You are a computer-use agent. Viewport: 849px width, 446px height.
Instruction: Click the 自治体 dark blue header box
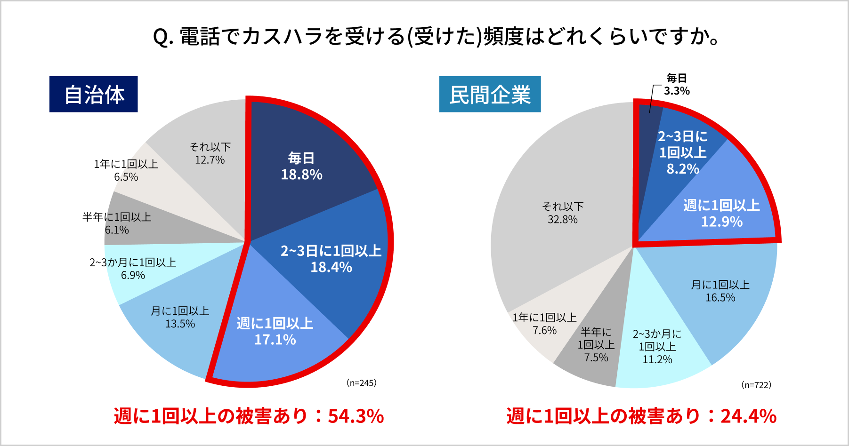click(x=93, y=94)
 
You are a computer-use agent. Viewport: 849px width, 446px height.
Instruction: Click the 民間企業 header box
click(x=490, y=94)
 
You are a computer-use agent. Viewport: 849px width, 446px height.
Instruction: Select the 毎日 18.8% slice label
click(x=301, y=167)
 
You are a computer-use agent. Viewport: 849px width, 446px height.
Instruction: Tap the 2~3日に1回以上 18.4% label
click(x=331, y=259)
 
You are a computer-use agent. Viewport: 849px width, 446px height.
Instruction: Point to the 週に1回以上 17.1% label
click(x=275, y=331)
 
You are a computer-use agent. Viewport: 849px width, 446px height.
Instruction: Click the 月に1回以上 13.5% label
click(x=180, y=317)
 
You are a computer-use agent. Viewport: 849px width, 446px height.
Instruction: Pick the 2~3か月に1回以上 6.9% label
click(x=133, y=269)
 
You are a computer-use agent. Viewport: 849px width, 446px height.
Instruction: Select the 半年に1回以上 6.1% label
click(x=117, y=223)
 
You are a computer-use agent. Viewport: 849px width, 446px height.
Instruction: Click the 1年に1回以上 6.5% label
click(x=126, y=170)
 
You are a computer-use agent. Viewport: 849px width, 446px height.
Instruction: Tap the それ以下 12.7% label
click(x=210, y=153)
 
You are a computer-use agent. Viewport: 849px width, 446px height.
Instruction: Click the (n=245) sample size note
click(x=361, y=383)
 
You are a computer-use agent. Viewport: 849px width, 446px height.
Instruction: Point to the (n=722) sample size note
click(x=756, y=385)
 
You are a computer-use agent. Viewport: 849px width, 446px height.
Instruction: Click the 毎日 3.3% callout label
click(x=677, y=85)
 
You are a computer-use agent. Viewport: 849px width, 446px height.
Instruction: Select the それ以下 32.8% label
click(x=563, y=213)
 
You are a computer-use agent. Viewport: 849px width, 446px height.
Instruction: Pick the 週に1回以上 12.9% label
click(x=721, y=213)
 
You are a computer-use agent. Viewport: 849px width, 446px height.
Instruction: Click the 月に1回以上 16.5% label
click(x=720, y=291)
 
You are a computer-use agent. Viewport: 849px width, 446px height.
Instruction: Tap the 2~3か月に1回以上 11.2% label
click(x=657, y=347)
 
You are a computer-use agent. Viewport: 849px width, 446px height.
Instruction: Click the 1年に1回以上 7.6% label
click(x=544, y=324)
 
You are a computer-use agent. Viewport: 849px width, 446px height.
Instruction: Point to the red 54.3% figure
click(x=356, y=416)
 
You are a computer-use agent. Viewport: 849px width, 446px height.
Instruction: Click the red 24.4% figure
click(x=748, y=416)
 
